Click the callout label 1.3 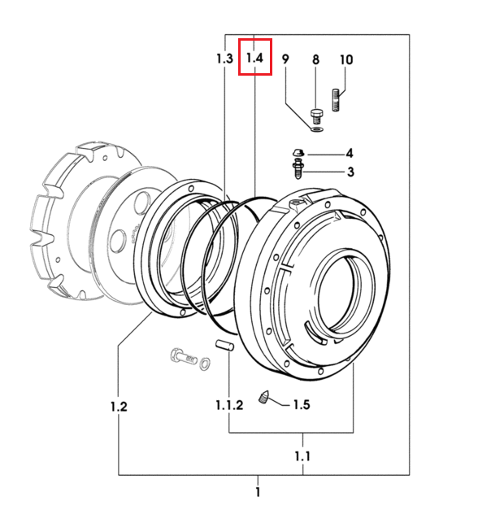click(x=224, y=59)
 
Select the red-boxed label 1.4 click(x=254, y=58)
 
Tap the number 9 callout click(x=285, y=59)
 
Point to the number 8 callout click(x=315, y=59)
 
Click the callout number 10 click(x=346, y=59)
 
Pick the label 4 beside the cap click(x=349, y=154)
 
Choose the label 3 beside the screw click(x=350, y=172)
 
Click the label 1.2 click(x=119, y=407)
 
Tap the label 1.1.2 click(x=229, y=405)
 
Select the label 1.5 click(x=302, y=404)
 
